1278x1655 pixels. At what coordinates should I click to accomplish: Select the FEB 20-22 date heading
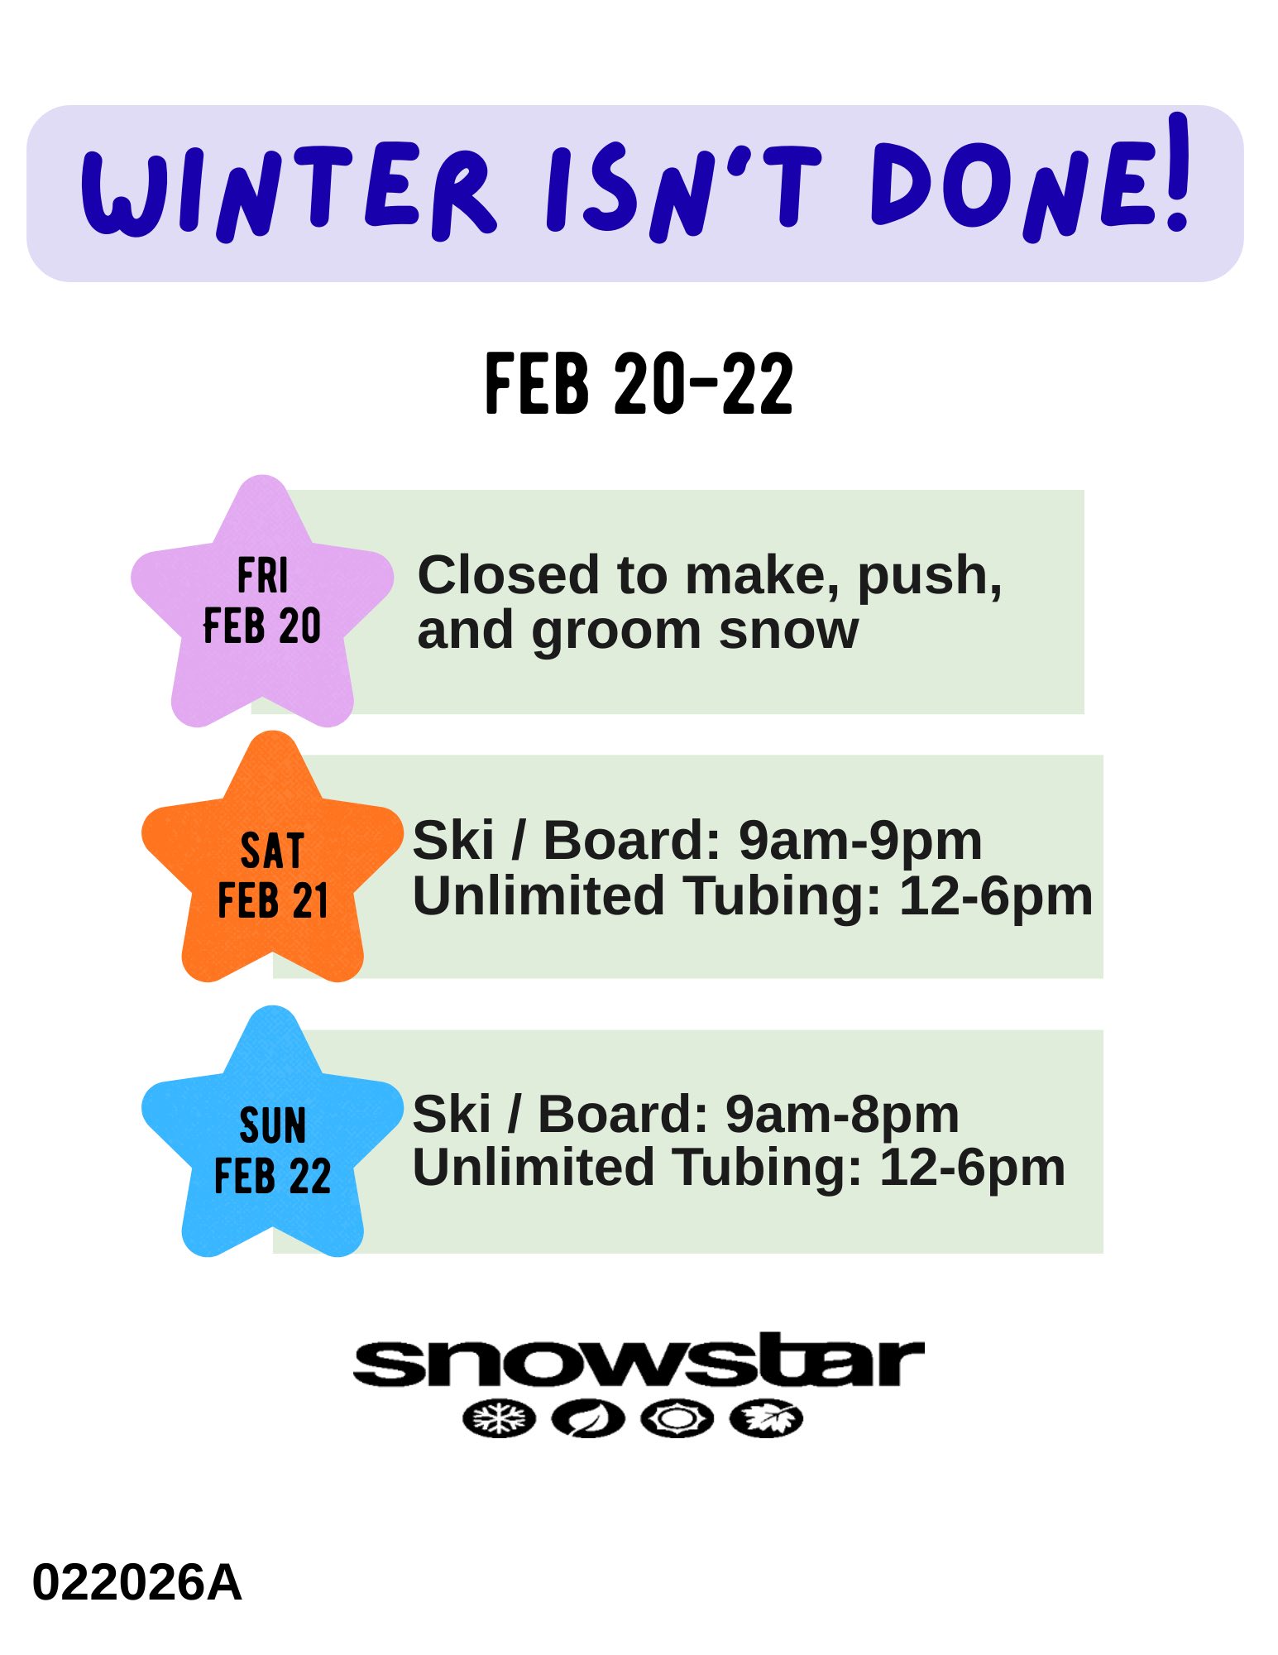[639, 383]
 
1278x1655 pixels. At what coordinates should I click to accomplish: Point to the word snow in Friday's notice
[789, 631]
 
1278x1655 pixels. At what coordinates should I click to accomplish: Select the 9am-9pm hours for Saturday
[860, 842]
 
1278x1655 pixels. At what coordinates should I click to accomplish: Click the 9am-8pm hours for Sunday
[842, 1115]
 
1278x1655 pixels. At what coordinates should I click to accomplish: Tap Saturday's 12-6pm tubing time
[996, 896]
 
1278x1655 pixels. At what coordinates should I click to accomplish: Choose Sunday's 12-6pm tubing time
[973, 1168]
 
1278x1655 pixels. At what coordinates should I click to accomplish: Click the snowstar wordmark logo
[639, 1360]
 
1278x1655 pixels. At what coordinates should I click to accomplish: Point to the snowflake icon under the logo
[499, 1419]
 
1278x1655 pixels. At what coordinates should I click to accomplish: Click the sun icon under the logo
[677, 1419]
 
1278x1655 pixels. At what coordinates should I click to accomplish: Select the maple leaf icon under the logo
[766, 1419]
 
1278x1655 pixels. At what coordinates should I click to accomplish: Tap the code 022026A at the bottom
[136, 1583]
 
